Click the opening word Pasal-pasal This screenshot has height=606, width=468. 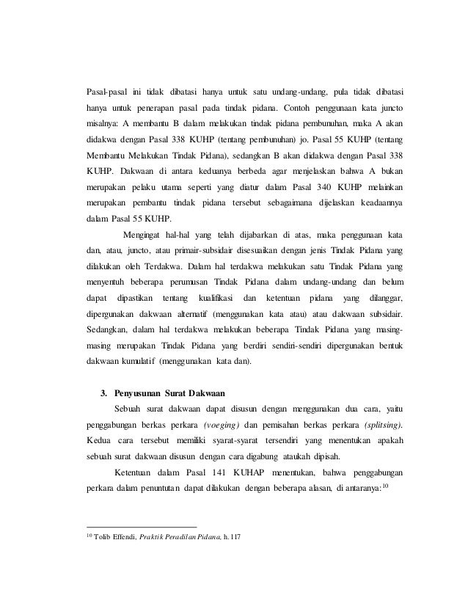point(105,92)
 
